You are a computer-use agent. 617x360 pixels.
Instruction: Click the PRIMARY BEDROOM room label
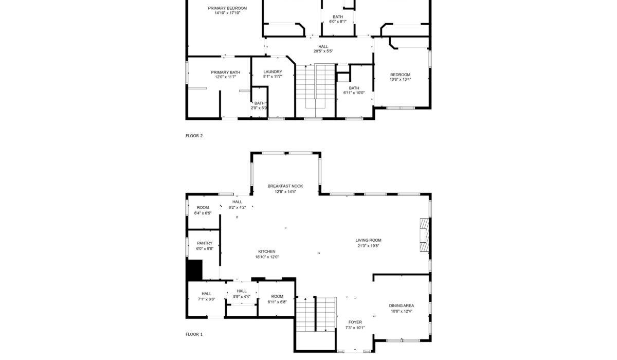227,8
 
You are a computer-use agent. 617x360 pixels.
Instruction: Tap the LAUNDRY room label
273,71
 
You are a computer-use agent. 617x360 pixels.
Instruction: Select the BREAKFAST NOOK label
285,186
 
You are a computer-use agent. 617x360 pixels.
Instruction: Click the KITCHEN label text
267,251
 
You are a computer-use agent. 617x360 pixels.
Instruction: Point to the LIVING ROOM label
368,240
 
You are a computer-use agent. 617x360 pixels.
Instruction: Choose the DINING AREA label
402,305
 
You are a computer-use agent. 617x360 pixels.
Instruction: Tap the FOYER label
355,322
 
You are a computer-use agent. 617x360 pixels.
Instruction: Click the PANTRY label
205,243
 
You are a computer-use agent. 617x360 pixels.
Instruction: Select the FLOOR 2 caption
194,136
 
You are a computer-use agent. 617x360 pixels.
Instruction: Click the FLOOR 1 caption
194,334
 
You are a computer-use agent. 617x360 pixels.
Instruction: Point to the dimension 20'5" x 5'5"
323,51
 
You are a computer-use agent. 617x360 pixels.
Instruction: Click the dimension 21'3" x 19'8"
368,246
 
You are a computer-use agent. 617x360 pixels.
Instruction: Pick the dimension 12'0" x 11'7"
226,77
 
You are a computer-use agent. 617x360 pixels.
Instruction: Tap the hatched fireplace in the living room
425,235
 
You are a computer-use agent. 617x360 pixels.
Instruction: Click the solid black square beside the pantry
195,270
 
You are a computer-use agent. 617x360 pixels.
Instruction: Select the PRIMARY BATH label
226,73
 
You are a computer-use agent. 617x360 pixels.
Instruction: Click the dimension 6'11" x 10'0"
354,93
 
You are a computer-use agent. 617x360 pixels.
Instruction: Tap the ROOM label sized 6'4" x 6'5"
203,207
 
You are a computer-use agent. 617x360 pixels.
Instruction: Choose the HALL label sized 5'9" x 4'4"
242,291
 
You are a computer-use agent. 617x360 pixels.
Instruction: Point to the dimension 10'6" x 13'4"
400,79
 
